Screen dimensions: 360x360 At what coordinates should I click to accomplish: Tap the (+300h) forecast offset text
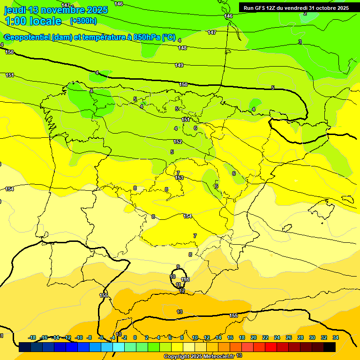[x=83, y=21]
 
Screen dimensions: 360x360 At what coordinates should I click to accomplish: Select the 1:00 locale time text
[x=33, y=21]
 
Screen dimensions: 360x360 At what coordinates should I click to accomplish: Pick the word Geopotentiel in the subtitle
[x=27, y=37]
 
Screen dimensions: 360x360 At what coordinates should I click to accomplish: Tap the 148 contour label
[x=182, y=48]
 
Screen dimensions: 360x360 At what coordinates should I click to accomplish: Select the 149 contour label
[x=179, y=65]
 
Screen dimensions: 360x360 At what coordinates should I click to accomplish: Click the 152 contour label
[x=178, y=142]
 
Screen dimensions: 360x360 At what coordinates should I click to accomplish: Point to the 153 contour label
[x=179, y=178]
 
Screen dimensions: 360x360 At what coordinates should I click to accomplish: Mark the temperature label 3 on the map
[x=300, y=42]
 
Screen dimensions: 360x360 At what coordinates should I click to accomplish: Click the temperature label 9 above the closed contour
[x=178, y=267]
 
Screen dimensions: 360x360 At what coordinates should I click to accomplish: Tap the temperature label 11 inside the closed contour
[x=179, y=285]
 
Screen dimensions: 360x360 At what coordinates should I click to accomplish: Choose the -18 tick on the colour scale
[x=32, y=337]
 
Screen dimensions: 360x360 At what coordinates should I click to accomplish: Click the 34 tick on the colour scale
[x=336, y=337]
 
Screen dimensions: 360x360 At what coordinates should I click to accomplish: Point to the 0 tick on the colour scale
[x=135, y=337]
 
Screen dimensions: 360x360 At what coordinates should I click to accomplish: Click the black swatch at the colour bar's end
[x=330, y=347]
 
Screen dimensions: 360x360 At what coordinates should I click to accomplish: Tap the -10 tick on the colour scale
[x=79, y=337]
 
